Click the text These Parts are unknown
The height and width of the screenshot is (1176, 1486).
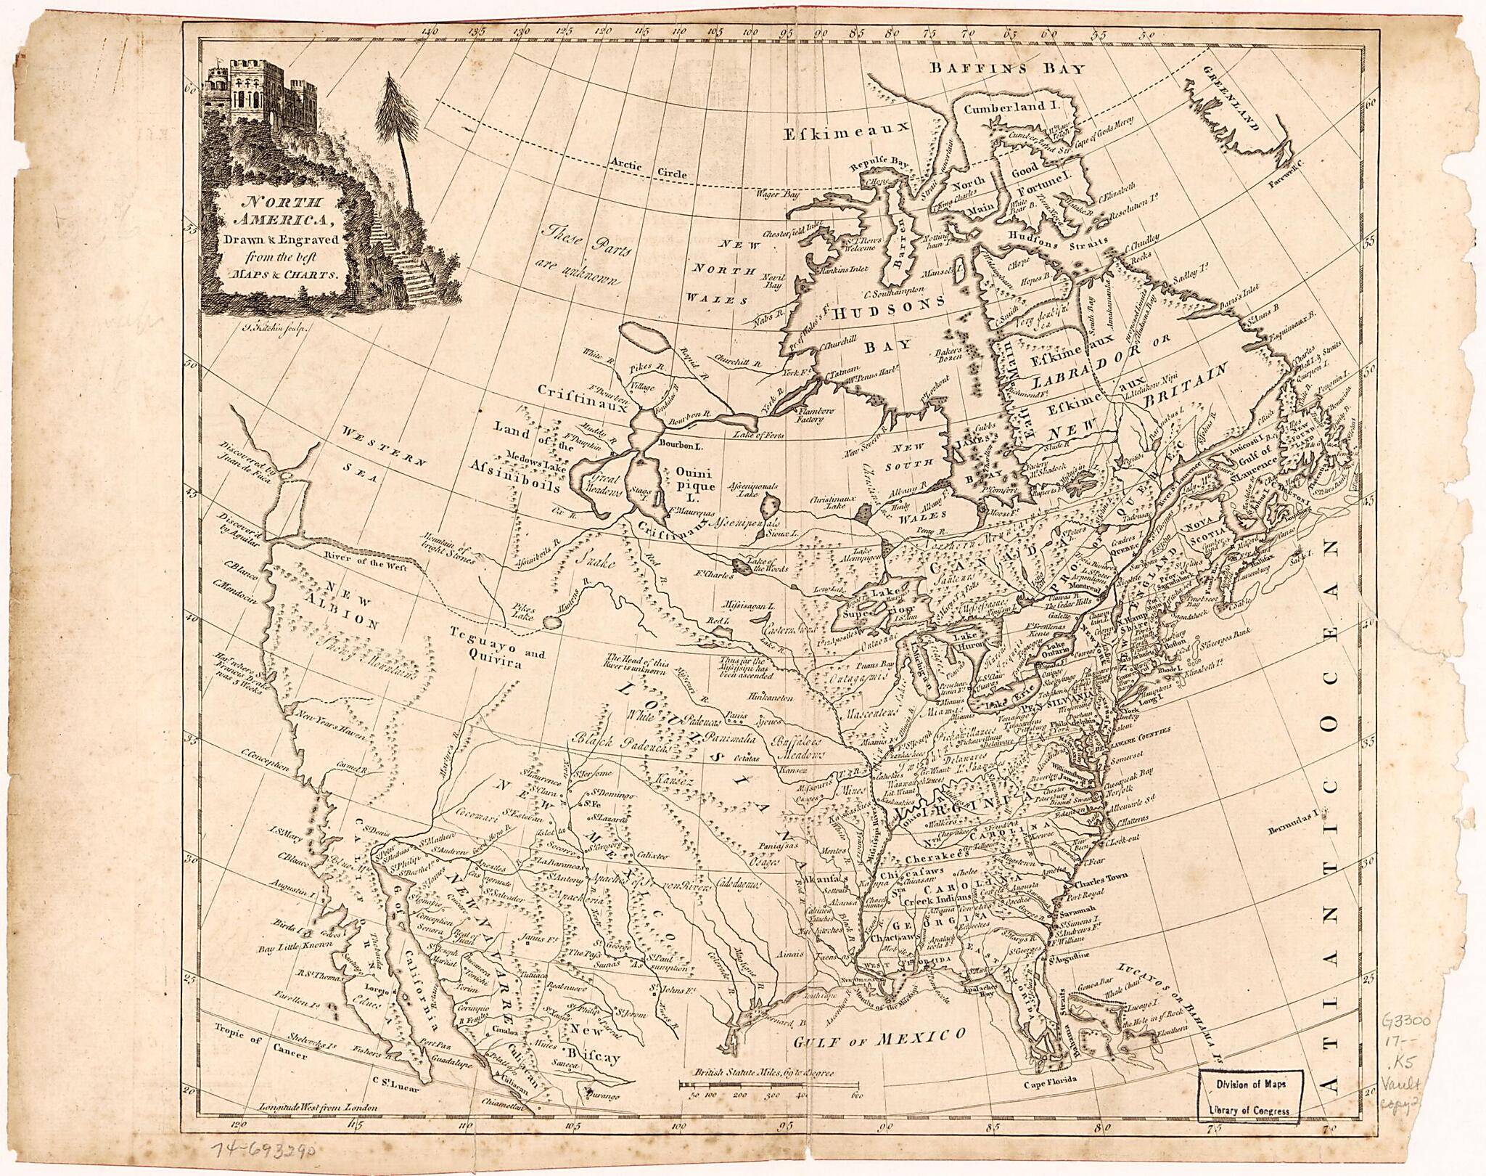click(580, 258)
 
